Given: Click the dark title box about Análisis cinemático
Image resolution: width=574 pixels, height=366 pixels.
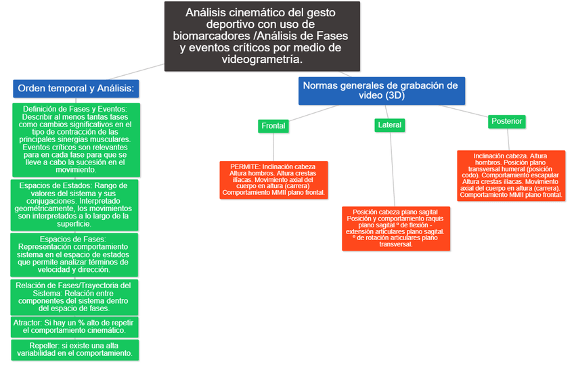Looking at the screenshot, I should (262, 35).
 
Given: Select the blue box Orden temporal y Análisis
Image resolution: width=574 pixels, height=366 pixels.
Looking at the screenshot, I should (76, 89).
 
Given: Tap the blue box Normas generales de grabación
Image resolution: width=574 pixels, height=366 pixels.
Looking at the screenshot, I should (380, 91).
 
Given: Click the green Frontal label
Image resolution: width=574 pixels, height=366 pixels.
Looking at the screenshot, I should (273, 126).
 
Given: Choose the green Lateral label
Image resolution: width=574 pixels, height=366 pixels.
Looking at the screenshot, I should (389, 124).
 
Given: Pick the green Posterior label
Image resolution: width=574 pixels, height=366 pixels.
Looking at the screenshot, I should (507, 121).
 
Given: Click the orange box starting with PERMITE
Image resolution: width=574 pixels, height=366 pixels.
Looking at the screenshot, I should (273, 179).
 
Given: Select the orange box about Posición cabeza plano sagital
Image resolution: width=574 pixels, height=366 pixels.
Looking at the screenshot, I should (396, 228).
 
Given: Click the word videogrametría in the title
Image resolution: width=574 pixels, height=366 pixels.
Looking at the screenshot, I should (261, 60).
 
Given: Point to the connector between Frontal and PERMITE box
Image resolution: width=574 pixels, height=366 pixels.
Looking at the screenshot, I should (273, 147).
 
